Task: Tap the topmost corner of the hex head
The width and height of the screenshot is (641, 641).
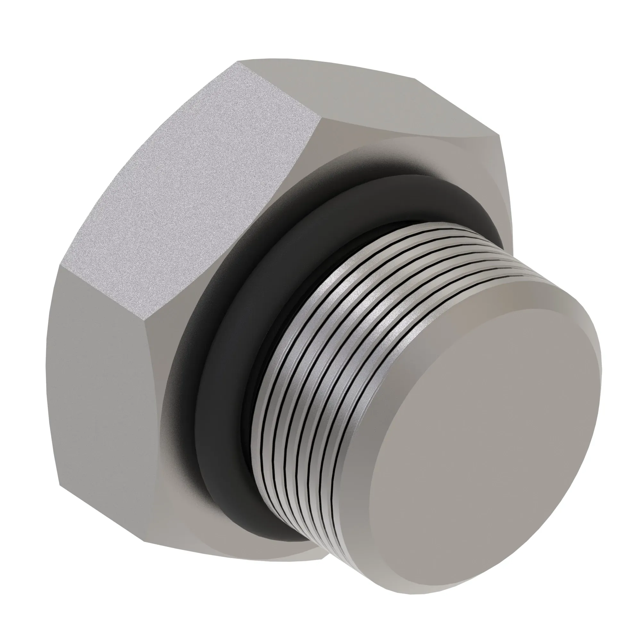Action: [237, 62]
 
